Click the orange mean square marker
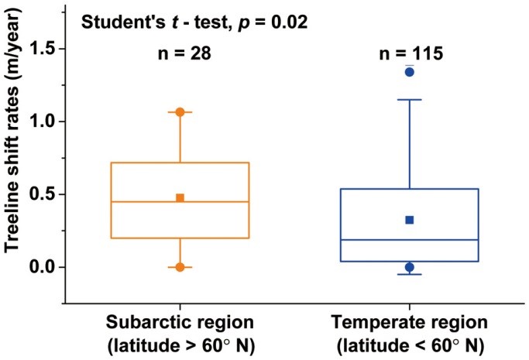180,197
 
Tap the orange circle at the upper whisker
180,112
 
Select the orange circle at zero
180,267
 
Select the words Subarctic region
180,321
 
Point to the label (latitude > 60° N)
180,343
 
